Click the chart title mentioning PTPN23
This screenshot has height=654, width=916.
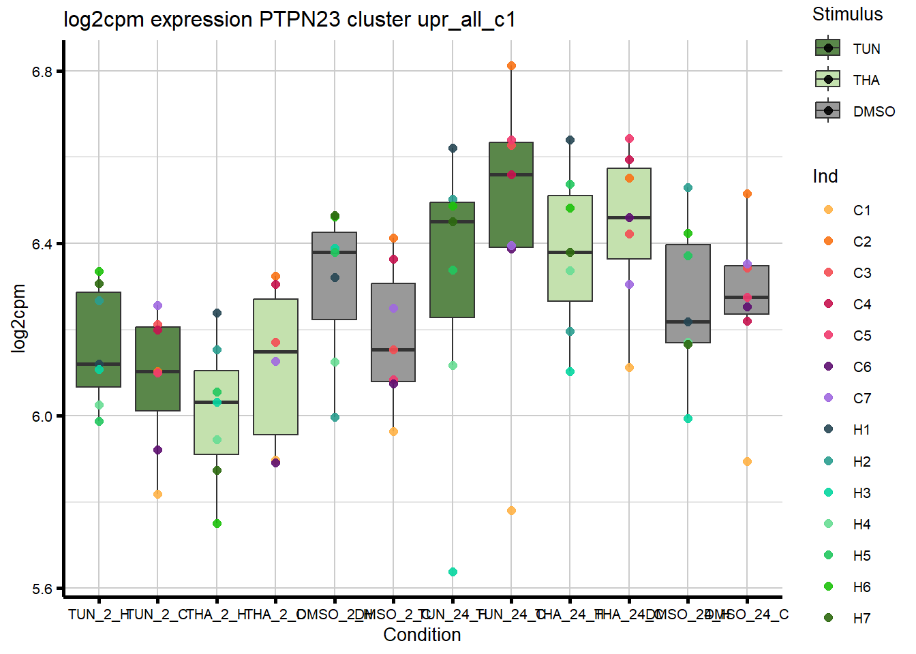coord(289,20)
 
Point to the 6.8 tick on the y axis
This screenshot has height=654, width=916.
coord(42,72)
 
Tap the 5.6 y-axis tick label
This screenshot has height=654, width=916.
coord(42,589)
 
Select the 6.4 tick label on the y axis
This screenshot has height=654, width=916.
coord(42,244)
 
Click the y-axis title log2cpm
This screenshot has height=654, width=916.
coord(19,318)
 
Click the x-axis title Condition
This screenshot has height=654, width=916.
coord(422,635)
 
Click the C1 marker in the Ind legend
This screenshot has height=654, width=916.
coord(828,210)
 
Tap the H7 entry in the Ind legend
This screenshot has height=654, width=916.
coord(828,618)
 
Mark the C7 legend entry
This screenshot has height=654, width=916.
coord(828,398)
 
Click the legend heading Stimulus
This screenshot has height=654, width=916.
coord(847,14)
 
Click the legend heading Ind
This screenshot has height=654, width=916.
coord(825,176)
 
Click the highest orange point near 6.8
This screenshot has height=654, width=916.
coord(511,66)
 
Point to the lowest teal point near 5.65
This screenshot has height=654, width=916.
coord(453,572)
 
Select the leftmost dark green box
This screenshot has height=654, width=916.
coord(99,339)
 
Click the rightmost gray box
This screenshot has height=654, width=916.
coord(747,290)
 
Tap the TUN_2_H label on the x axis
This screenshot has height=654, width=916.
coord(99,614)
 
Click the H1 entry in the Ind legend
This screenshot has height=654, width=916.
coord(828,429)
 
